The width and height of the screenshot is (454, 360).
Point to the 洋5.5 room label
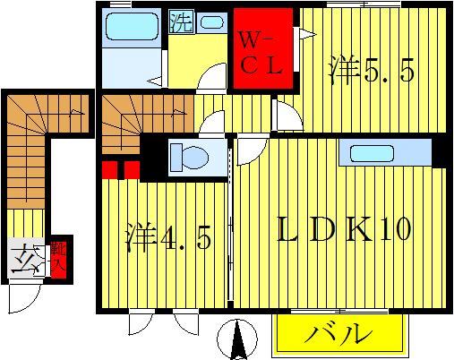[372, 70]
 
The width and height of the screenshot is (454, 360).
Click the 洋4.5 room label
[167, 241]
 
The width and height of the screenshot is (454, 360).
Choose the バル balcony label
[341, 337]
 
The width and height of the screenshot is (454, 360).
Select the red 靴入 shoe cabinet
[58, 260]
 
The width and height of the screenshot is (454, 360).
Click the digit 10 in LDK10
[393, 230]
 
